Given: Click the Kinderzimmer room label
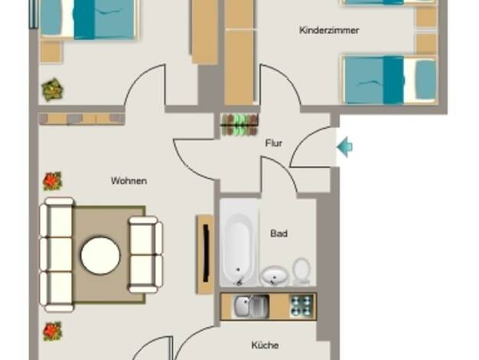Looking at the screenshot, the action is [x=329, y=31].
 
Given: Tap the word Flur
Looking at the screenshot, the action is [x=274, y=143].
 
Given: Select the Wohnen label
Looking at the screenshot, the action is [x=129, y=181].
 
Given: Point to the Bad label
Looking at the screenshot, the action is [x=279, y=234].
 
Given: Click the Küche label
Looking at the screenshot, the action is [x=265, y=345].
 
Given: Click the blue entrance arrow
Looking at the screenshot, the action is [x=345, y=147].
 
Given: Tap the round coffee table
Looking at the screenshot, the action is [x=100, y=255].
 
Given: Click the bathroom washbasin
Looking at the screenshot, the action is [x=275, y=276].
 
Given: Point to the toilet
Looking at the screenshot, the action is [x=301, y=271].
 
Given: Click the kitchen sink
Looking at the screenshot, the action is [x=252, y=307].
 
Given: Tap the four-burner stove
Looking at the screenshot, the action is [x=301, y=307].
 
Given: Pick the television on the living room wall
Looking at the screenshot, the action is [x=206, y=254].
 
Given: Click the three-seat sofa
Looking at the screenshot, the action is [x=57, y=255].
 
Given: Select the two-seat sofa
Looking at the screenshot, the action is [x=145, y=254].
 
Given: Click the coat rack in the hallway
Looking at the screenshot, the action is [x=239, y=125].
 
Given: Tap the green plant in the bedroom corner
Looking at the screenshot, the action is [x=53, y=90].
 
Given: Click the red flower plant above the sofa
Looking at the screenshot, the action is [x=53, y=181].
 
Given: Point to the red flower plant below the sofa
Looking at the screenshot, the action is [x=53, y=331].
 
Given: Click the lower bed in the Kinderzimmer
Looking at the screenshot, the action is [x=389, y=80].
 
